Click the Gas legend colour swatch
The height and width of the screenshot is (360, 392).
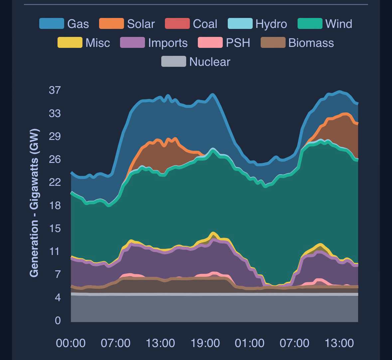pyautogui.click(x=52, y=24)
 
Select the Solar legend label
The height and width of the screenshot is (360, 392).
pyautogui.click(x=141, y=24)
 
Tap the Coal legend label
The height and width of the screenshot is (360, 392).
pyautogui.click(x=205, y=24)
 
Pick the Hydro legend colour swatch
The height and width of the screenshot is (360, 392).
pyautogui.click(x=240, y=24)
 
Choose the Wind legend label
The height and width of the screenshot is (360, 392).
pyautogui.click(x=338, y=24)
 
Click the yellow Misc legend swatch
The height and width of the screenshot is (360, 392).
pyautogui.click(x=70, y=43)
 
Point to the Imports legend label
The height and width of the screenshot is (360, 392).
pyautogui.click(x=168, y=43)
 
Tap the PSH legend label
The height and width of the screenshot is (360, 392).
pyautogui.click(x=238, y=43)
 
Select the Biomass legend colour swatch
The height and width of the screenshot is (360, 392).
pyautogui.click(x=273, y=43)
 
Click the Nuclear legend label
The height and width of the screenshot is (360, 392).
pyautogui.click(x=209, y=62)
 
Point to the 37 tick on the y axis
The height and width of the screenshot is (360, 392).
pyautogui.click(x=55, y=90)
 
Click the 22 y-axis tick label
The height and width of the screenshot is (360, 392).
pyautogui.click(x=55, y=182)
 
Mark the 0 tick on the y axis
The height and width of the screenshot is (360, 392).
pyautogui.click(x=58, y=320)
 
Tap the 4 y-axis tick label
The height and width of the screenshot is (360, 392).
pyautogui.click(x=58, y=297)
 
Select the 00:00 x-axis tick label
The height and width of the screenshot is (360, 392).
pyautogui.click(x=70, y=343)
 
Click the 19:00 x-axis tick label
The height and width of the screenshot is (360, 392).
pyautogui.click(x=205, y=343)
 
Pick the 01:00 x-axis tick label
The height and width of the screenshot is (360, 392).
pyautogui.click(x=249, y=343)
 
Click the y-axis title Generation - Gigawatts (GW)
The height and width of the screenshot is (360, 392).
pyautogui.click(x=34, y=203)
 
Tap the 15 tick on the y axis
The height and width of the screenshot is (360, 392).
pyautogui.click(x=55, y=228)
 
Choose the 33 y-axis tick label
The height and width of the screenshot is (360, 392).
pyautogui.click(x=55, y=113)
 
